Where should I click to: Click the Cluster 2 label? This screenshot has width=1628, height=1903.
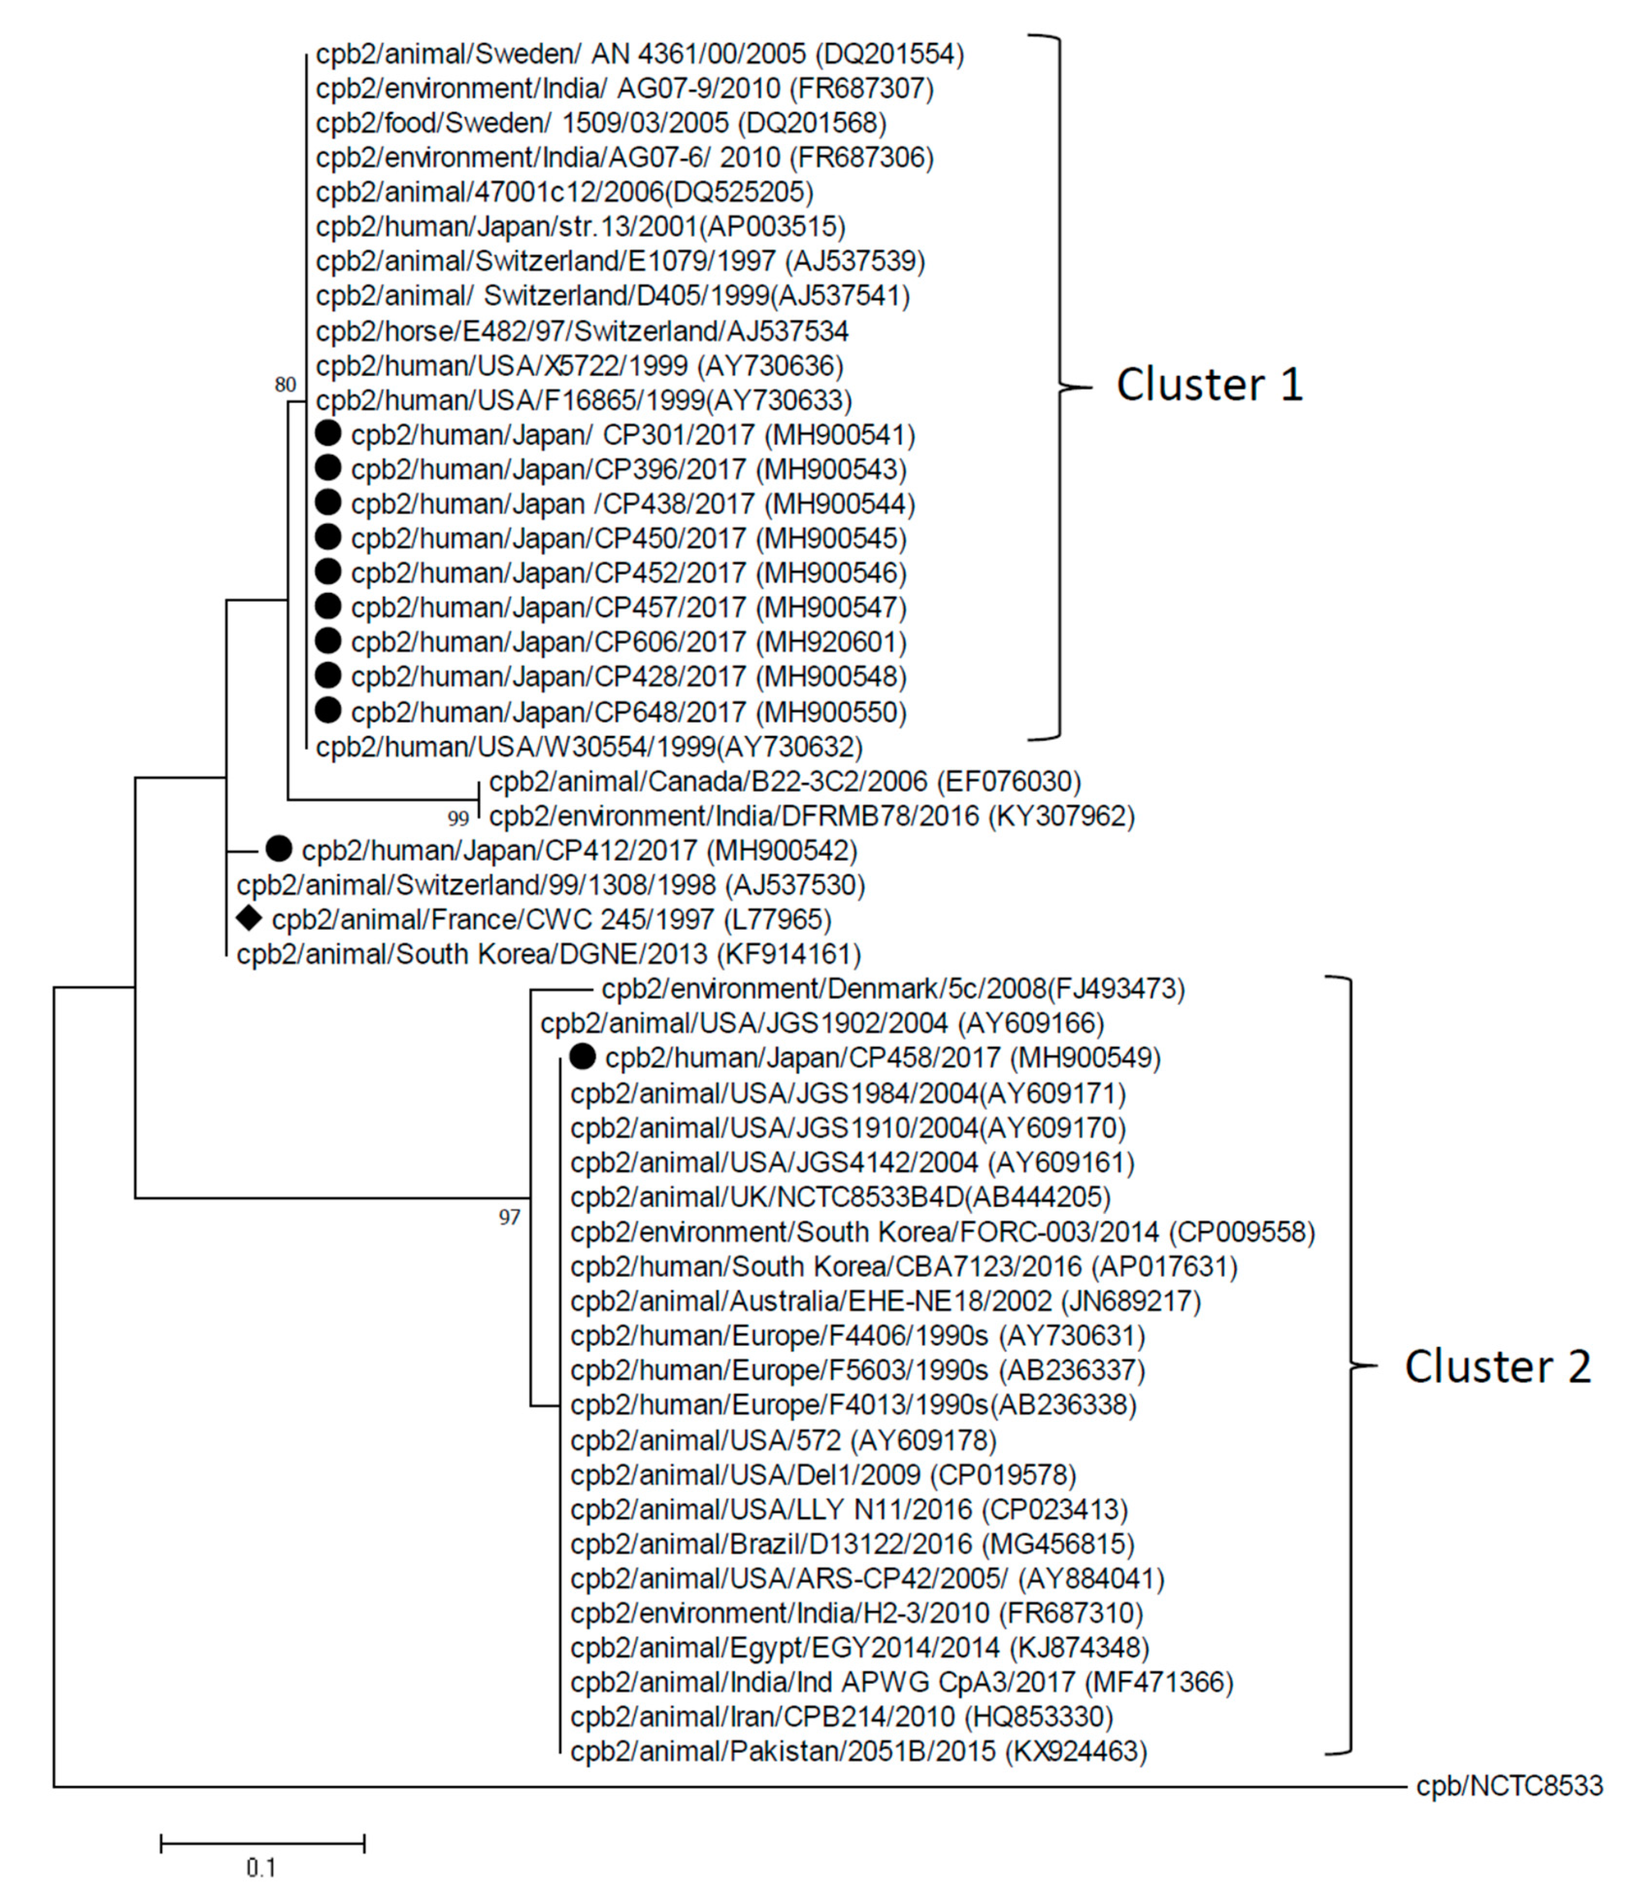(1497, 1367)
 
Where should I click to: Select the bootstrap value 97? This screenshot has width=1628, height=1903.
(509, 1218)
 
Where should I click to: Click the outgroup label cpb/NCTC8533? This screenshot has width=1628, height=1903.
(1509, 1787)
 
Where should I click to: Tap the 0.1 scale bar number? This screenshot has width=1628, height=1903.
(261, 1868)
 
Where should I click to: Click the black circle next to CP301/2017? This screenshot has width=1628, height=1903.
(328, 433)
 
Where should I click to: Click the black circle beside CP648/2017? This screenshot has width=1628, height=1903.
(328, 710)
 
